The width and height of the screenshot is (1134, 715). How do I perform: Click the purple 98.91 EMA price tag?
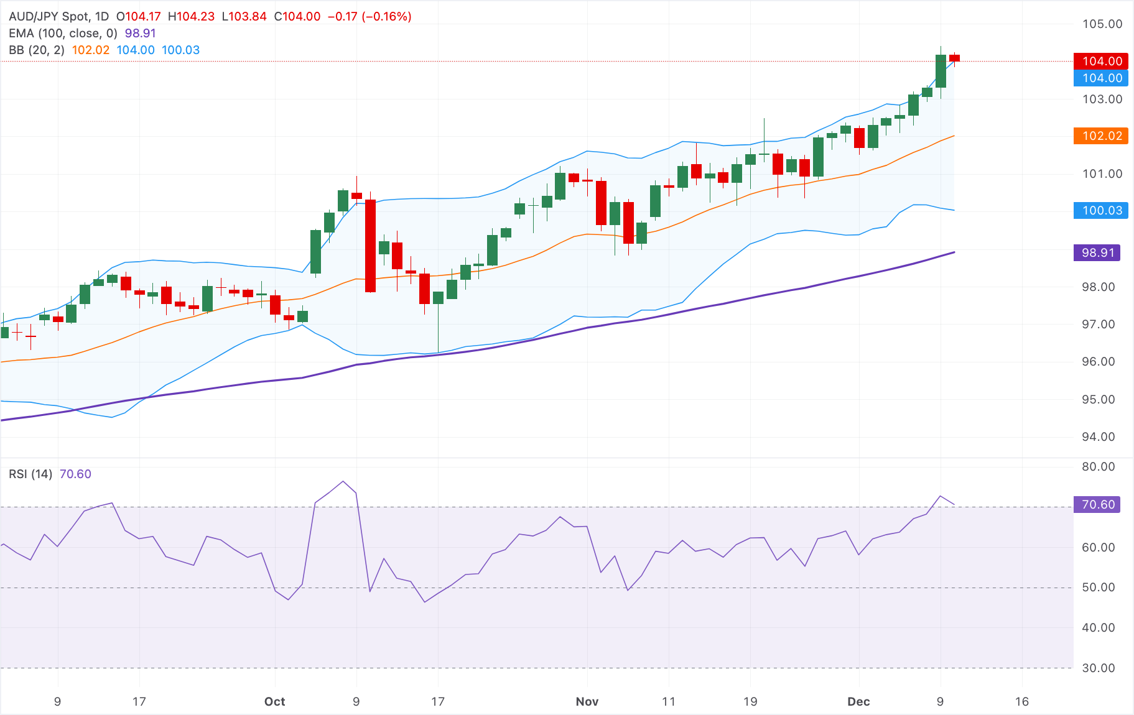[x=1097, y=253]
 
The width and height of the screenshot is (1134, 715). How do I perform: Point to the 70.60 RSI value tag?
[x=1097, y=505]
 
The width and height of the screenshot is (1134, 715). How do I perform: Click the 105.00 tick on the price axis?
[x=1102, y=24]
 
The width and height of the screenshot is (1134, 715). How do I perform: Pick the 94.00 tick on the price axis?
[x=1098, y=437]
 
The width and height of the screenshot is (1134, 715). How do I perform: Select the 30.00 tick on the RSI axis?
[x=1098, y=668]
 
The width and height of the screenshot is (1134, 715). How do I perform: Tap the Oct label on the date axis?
[x=274, y=702]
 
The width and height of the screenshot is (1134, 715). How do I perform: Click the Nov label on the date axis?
[x=587, y=702]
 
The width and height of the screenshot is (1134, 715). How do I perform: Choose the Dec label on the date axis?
[x=858, y=702]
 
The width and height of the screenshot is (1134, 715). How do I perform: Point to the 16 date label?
[x=1021, y=702]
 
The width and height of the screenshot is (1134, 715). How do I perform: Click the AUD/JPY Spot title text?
[x=58, y=17]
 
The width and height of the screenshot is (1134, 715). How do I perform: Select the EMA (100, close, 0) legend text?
[x=63, y=34]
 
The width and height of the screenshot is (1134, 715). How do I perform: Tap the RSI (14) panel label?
[x=30, y=474]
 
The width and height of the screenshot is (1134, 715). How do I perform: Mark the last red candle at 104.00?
[x=954, y=58]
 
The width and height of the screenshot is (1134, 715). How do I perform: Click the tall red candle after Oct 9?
[x=370, y=246]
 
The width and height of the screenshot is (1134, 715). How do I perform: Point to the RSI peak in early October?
[x=343, y=481]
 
